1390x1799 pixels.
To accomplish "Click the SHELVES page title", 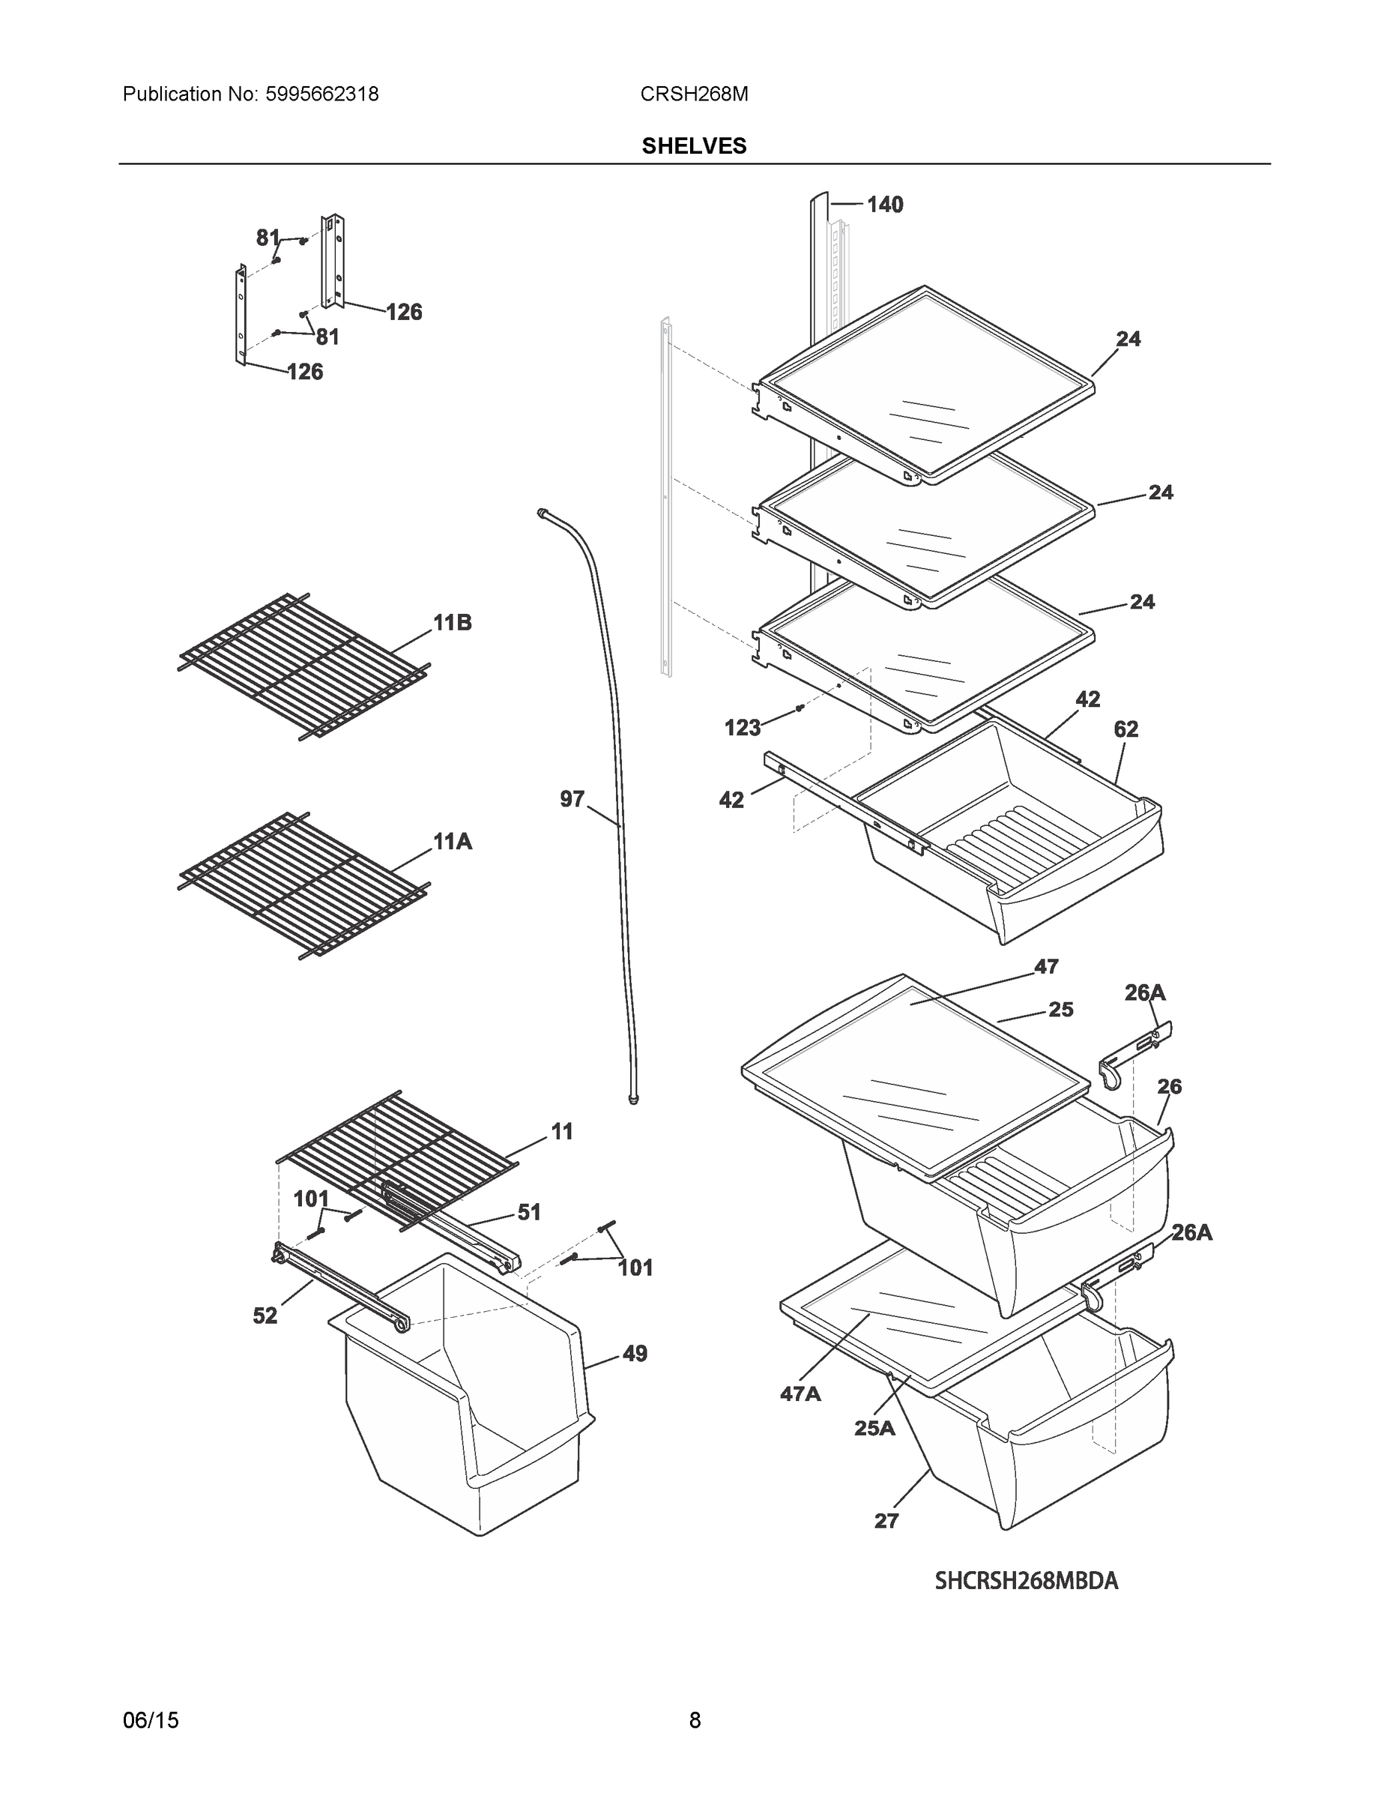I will (x=693, y=146).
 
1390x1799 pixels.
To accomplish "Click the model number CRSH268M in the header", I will (x=693, y=94).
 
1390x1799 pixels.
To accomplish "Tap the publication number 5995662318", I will (x=322, y=94).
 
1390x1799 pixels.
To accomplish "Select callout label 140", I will (x=884, y=205).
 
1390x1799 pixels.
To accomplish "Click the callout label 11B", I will (x=453, y=624).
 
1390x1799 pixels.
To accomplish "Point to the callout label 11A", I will (x=453, y=842).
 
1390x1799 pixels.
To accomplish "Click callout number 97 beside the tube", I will (x=572, y=799).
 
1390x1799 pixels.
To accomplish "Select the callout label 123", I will (x=742, y=727).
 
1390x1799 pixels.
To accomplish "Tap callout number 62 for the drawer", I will (x=1125, y=729).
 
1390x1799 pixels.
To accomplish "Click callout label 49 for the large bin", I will (x=634, y=1353).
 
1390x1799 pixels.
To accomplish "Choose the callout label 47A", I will (x=800, y=1393).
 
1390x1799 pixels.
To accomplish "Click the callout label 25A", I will (x=874, y=1428).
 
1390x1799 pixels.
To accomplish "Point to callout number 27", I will (x=886, y=1521).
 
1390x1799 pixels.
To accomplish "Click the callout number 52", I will (x=265, y=1316).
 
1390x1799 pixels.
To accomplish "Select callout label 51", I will (x=529, y=1213).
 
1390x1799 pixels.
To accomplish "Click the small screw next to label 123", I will (x=799, y=708).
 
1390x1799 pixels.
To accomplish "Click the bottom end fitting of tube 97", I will (x=633, y=1100).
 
